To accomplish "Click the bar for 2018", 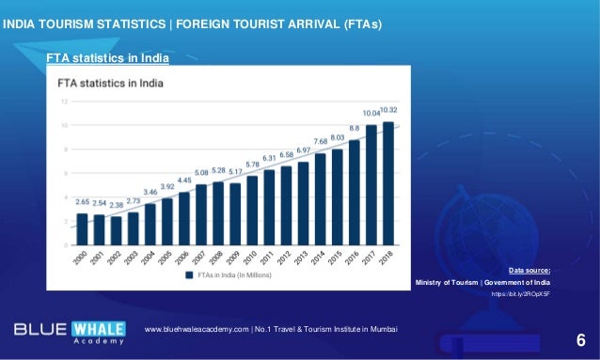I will [x=387, y=183].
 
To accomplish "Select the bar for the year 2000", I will [x=82, y=228].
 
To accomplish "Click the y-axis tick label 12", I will [x=63, y=101].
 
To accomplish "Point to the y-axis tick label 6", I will [x=64, y=173].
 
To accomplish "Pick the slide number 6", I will [x=579, y=339].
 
